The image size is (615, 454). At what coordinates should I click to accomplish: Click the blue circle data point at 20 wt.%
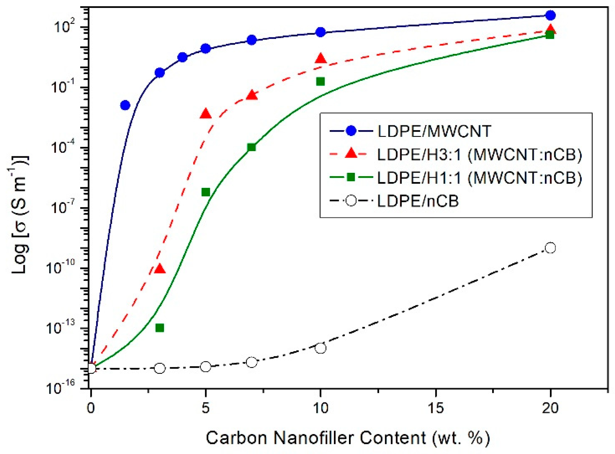coord(550,15)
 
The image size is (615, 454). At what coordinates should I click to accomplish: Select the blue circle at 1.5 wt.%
coord(125,105)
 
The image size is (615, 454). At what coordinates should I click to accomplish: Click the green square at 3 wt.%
coord(159,328)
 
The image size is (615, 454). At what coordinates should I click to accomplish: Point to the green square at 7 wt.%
coord(251,147)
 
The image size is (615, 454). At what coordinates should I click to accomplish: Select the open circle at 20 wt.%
coord(550,248)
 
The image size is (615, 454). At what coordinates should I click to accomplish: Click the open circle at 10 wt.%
coord(320,348)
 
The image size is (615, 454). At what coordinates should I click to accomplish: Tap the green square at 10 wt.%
coord(320,81)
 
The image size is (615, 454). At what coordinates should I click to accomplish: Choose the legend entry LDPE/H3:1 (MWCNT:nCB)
coord(479,155)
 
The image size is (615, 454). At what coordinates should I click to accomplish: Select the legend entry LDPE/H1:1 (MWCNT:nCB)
coord(479,178)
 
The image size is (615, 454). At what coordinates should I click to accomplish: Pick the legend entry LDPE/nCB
coord(418,201)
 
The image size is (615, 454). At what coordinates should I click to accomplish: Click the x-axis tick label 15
coord(436,409)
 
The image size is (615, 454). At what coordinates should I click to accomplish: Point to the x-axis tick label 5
coord(206,409)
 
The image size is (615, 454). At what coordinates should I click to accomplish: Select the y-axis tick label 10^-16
coord(61,388)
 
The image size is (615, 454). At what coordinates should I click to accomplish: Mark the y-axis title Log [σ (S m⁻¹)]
coord(20,215)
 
